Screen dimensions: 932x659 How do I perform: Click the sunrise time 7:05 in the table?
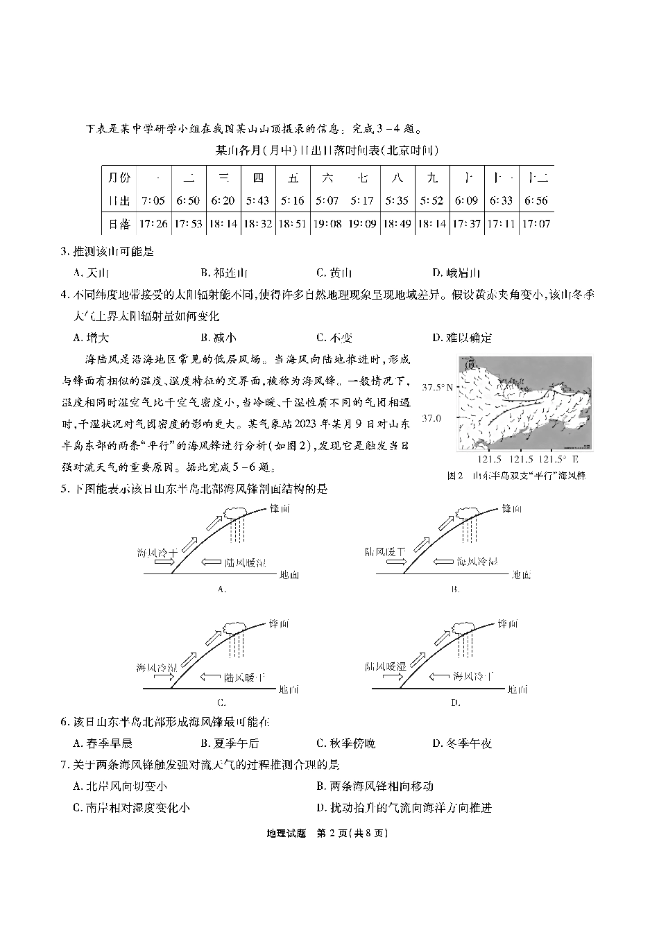[x=153, y=200]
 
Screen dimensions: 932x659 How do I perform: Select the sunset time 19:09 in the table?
[x=362, y=224]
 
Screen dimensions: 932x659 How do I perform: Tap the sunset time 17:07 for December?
[x=536, y=224]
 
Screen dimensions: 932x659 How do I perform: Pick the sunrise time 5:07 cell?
[x=327, y=200]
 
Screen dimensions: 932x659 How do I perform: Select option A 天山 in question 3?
[x=92, y=273]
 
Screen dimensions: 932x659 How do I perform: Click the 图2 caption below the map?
[x=516, y=476]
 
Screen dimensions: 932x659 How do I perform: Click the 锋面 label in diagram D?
[x=508, y=623]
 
